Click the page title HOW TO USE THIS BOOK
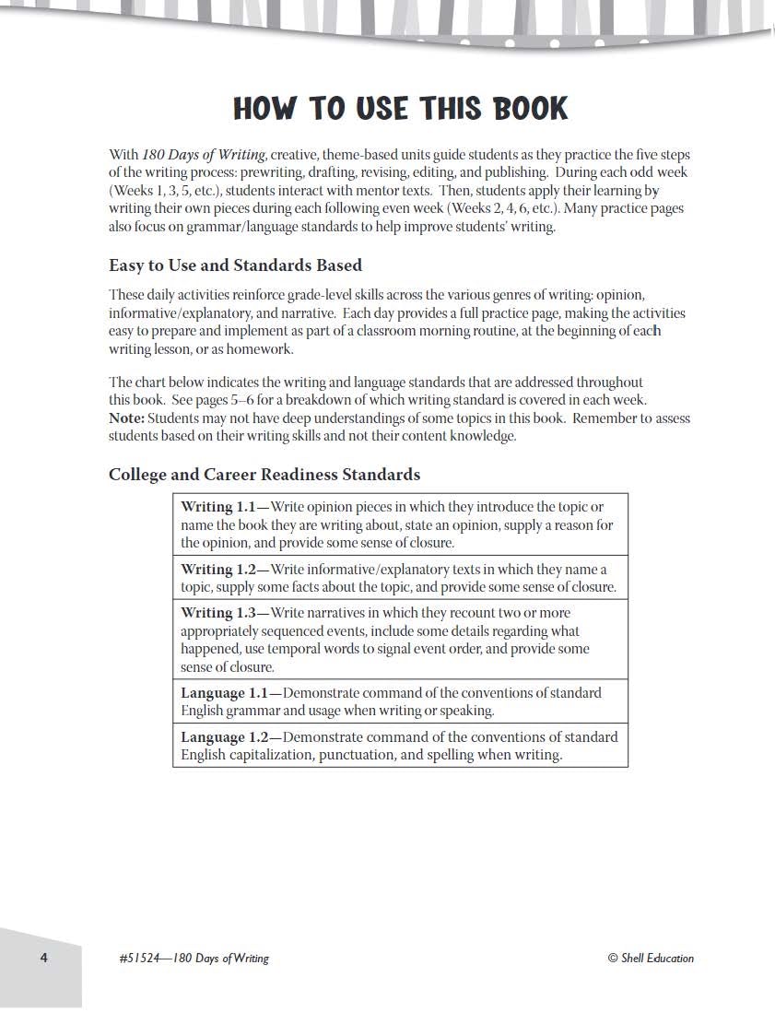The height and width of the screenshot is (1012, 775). click(x=401, y=109)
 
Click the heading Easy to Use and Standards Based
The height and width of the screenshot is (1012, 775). click(x=235, y=265)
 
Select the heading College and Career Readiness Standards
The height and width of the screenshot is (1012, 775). click(x=264, y=475)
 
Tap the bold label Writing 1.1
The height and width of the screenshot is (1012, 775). click(x=217, y=507)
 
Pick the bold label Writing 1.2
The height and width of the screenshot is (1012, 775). click(x=217, y=570)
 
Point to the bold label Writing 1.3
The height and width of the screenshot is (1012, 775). click(x=217, y=613)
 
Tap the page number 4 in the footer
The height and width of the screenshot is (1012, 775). click(x=43, y=958)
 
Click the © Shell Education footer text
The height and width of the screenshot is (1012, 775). click(x=651, y=959)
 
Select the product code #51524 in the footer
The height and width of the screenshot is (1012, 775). click(x=139, y=959)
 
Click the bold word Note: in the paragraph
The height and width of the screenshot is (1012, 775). click(x=126, y=418)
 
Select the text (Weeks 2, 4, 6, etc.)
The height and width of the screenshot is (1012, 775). click(x=503, y=208)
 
